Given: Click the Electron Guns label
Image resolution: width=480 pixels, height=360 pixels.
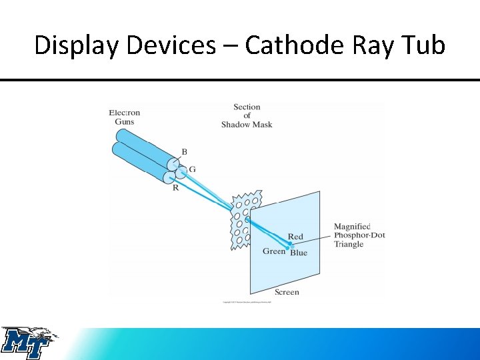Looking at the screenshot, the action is coord(124,117).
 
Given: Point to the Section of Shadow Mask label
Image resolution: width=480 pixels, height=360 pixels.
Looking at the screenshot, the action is coord(247,115).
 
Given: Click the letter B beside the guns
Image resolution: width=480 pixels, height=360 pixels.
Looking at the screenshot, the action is coord(185,151).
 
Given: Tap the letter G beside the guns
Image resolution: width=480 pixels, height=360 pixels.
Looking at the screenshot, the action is coord(192,169).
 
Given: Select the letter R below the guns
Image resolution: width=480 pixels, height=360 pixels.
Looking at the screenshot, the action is coord(175,188).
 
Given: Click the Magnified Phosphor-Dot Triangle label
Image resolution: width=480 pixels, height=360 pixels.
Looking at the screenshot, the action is coord(359,235).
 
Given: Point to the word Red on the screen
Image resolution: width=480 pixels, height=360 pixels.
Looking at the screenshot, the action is coord(295,237).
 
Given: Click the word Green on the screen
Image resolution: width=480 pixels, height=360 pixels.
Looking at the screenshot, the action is coord(274,251).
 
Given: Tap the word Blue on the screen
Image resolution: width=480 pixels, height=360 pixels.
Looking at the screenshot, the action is coord(299,253).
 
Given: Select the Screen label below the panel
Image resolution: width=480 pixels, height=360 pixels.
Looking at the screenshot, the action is coord(287,292).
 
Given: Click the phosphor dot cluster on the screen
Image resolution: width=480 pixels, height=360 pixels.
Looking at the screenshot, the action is coord(289,245).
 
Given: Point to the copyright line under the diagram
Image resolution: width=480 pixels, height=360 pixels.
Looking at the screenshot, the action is coord(251,302).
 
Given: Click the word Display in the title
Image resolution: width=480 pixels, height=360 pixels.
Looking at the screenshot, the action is coord(75,45).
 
